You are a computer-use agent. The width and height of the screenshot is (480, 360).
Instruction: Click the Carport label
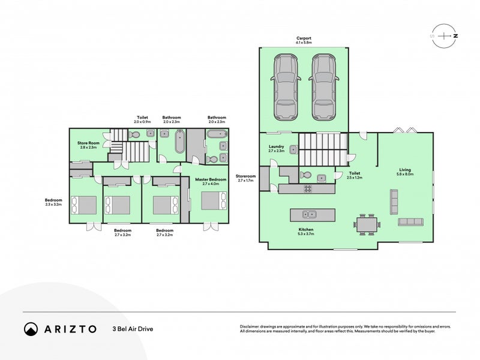[303, 41]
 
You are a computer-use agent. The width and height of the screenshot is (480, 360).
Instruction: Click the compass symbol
[444, 35]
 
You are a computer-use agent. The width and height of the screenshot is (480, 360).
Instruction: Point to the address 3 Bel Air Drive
[133, 329]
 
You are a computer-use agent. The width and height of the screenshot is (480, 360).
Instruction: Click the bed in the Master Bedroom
[214, 200]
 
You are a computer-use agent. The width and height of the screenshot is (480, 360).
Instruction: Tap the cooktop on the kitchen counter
[308, 188]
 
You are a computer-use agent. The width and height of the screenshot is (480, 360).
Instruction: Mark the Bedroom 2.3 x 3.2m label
[53, 202]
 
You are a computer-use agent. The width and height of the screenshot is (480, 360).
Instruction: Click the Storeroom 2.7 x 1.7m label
[247, 178]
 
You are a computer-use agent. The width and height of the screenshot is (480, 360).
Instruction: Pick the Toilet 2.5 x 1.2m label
[353, 175]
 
